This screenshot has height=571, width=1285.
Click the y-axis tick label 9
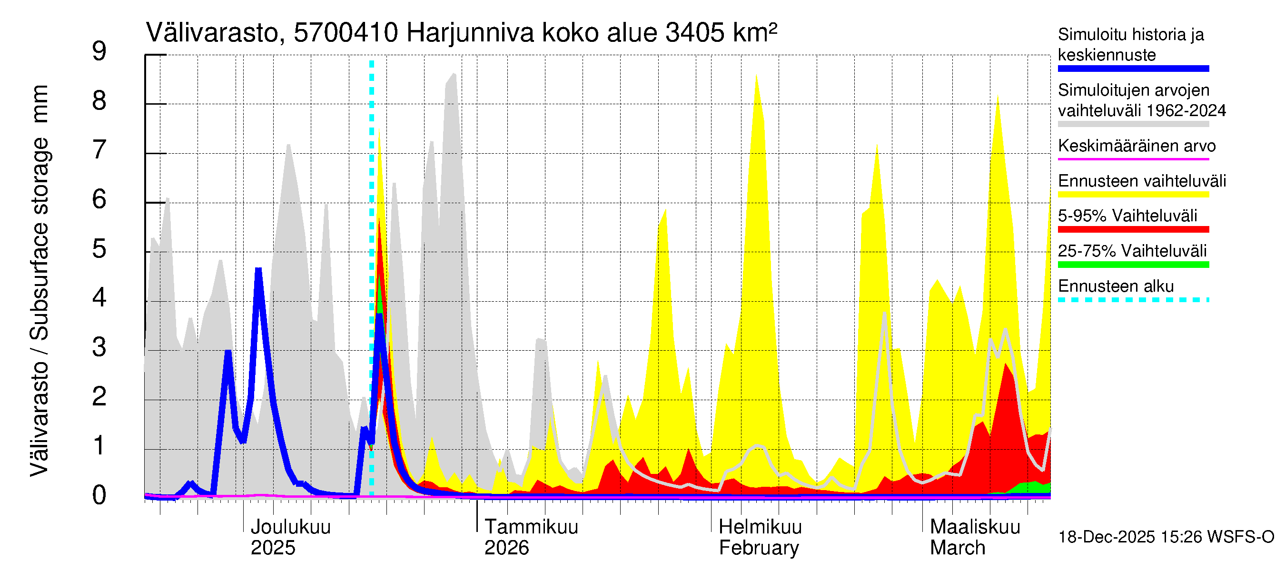pos(99,51)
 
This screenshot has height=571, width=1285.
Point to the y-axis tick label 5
pos(99,249)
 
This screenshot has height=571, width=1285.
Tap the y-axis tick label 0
pos(99,496)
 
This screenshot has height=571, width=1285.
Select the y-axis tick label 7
pos(99,150)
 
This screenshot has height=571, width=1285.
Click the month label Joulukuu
pos(290,527)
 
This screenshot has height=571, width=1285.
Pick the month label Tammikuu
pos(531,527)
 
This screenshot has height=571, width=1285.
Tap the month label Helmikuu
pos(760,527)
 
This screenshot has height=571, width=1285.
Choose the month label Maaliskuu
pos(975,527)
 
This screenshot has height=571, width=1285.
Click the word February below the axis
pos(758,548)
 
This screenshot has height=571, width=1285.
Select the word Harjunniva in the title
pos(470,33)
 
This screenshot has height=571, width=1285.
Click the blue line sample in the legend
pos(1133,69)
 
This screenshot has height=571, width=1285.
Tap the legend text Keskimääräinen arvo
pos(1137,146)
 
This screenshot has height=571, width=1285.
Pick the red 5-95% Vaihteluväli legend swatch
pos(1133,229)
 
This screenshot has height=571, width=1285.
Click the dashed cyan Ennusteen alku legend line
pos(1133,300)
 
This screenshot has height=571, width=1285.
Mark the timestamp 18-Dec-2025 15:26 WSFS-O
pos(1166,537)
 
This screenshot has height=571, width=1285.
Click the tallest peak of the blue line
pos(258,270)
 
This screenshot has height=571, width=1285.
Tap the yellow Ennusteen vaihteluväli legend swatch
pos(1133,195)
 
